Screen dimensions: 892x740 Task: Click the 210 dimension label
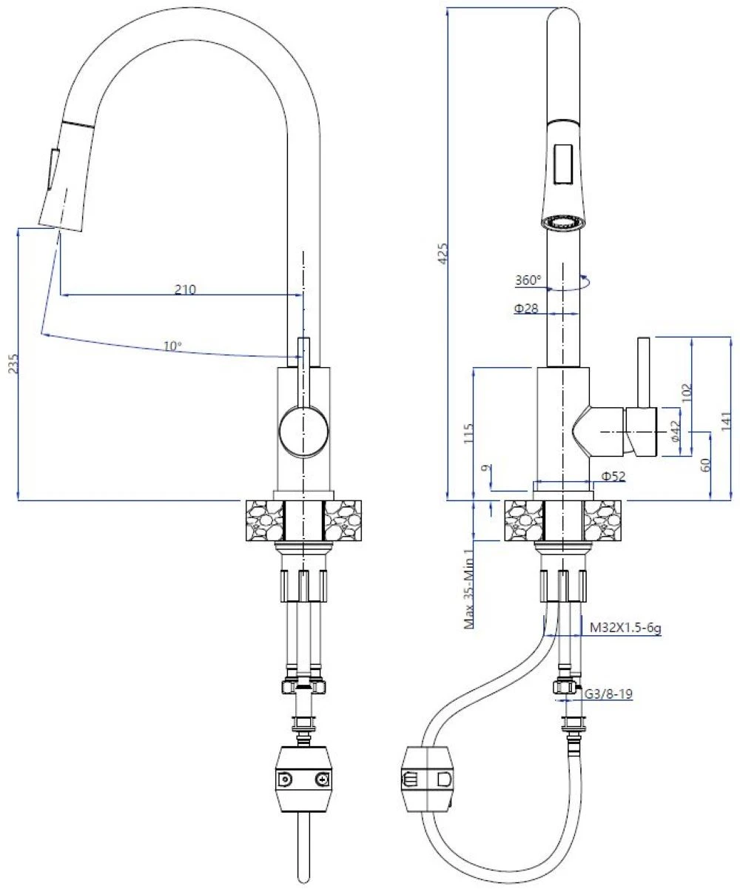tap(185, 289)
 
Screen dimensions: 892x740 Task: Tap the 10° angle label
tap(172, 345)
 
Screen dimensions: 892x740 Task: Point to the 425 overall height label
tap(443, 254)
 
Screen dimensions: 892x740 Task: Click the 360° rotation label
tap(528, 281)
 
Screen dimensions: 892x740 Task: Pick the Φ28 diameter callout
tap(526, 308)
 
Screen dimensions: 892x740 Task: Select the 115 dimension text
tap(467, 433)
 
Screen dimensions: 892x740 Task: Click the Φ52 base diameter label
tap(613, 477)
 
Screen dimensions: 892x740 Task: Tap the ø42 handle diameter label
tap(674, 432)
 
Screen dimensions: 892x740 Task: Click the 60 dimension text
tap(704, 466)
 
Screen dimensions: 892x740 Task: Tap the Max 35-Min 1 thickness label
tap(468, 588)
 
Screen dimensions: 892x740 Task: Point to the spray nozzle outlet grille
tap(565, 222)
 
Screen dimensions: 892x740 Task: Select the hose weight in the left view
tap(302, 779)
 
